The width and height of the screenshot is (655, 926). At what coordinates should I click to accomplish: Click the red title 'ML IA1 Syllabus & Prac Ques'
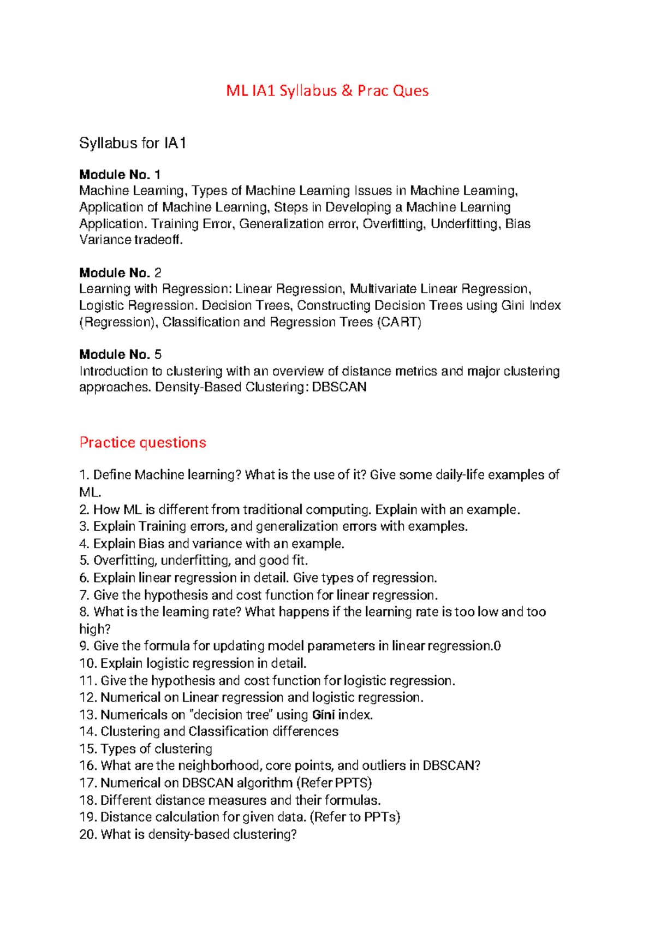coord(327,91)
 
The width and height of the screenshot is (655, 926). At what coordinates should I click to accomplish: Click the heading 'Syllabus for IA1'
coord(133,144)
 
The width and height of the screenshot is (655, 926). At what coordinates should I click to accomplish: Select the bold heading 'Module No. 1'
coord(120,175)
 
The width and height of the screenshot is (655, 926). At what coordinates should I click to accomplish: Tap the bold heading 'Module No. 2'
coord(120,272)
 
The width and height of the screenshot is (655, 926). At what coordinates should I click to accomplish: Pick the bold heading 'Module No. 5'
coord(120,354)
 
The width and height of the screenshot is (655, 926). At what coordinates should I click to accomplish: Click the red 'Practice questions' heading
coord(142,442)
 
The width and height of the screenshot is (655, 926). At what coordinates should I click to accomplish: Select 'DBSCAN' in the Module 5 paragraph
coord(339,387)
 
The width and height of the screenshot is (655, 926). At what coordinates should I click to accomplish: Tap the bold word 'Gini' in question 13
coord(323,715)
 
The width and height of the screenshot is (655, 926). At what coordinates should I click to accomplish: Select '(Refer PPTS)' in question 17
coord(334,783)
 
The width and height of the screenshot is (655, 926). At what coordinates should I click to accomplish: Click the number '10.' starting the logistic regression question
coord(88,663)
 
